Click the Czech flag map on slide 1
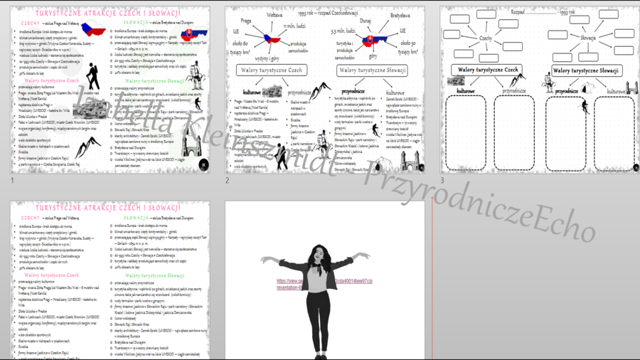point(94,30)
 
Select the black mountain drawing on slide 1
point(88,147)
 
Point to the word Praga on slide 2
point(247,21)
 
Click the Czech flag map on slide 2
point(273,38)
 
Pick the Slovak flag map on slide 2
point(370,41)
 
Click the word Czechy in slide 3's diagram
point(486,38)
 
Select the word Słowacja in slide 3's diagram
point(587,38)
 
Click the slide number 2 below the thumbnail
point(228,180)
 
